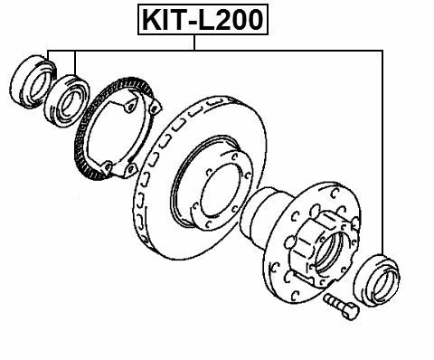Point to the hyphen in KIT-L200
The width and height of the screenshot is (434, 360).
click(x=193, y=20)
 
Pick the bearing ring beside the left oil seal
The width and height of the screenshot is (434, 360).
click(x=65, y=99)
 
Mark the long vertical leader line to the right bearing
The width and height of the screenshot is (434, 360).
click(x=384, y=154)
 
